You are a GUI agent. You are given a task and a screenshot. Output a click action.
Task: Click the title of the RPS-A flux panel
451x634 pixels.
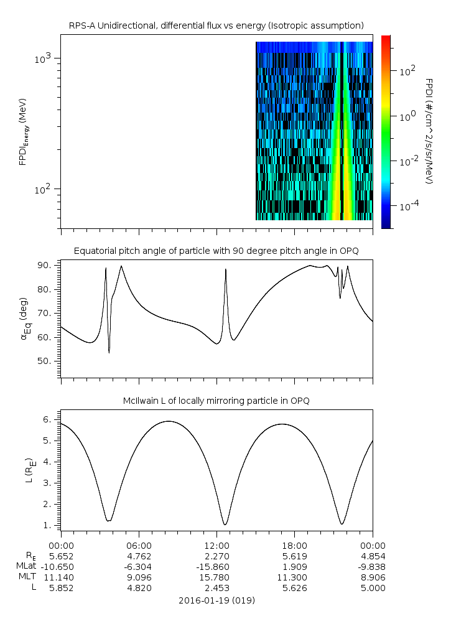coord(216,26)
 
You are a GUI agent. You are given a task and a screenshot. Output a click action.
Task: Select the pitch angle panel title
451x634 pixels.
coord(216,251)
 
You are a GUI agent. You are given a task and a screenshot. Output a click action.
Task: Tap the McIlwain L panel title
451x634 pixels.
coord(216,401)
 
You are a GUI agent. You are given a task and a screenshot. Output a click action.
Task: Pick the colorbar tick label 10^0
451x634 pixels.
coord(406,116)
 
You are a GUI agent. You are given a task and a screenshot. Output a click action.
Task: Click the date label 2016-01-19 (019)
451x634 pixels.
coord(216,600)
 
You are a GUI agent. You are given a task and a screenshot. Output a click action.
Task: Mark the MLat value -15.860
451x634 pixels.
coord(216,566)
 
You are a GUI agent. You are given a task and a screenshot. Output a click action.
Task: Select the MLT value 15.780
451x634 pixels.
coord(216,577)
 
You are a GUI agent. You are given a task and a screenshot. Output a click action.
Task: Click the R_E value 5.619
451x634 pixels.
coord(294,555)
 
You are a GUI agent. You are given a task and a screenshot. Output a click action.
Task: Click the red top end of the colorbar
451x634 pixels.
coord(386,39)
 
